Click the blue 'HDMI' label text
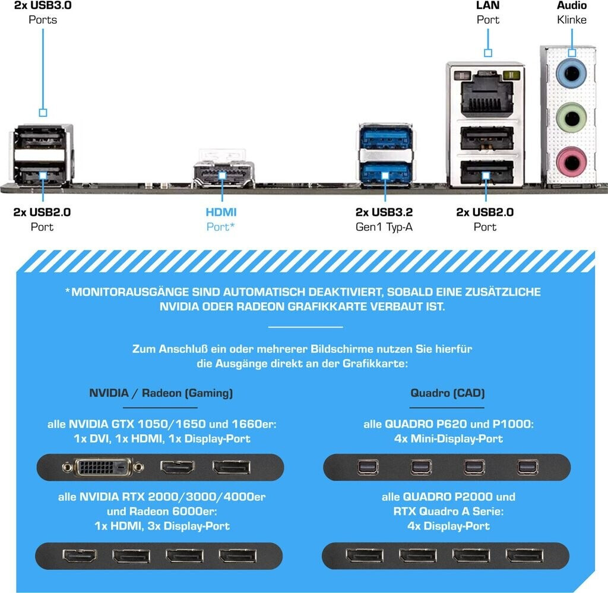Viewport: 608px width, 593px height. pos(221,212)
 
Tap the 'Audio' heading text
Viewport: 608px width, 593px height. pos(572,5)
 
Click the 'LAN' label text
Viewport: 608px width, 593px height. pos(487,5)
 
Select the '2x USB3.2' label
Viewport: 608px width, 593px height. pos(384,212)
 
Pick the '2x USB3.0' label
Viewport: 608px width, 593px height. pos(43,5)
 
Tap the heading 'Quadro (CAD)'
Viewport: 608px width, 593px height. pos(447,393)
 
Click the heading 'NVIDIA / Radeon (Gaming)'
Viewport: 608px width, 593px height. pos(161,393)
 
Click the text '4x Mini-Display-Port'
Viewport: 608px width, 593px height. pos(447,439)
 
